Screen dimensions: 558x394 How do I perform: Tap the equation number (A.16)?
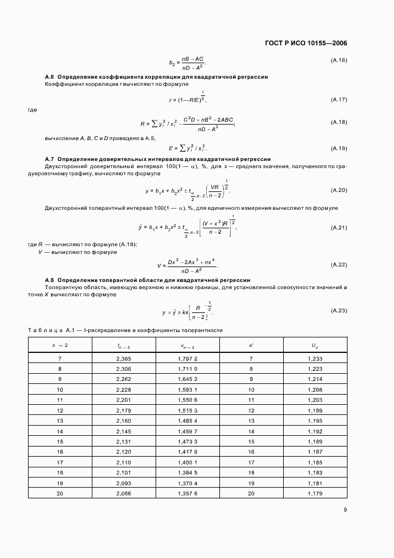[339, 60]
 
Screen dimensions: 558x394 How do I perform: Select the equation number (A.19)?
[339, 148]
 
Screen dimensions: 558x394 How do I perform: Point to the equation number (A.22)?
[339, 265]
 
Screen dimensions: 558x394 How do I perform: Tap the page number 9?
[345, 509]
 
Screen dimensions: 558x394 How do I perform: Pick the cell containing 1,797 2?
[187, 358]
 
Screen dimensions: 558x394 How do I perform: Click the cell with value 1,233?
[315, 358]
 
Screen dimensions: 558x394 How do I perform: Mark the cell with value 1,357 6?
[187, 494]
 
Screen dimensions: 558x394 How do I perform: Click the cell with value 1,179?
[315, 494]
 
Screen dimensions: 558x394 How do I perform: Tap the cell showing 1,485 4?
[187, 421]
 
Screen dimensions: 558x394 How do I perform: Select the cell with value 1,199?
[315, 410]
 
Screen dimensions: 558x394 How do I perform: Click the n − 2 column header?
[60, 345]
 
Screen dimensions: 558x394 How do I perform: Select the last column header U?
[315, 345]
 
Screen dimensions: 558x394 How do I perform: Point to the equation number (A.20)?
[339, 190]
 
